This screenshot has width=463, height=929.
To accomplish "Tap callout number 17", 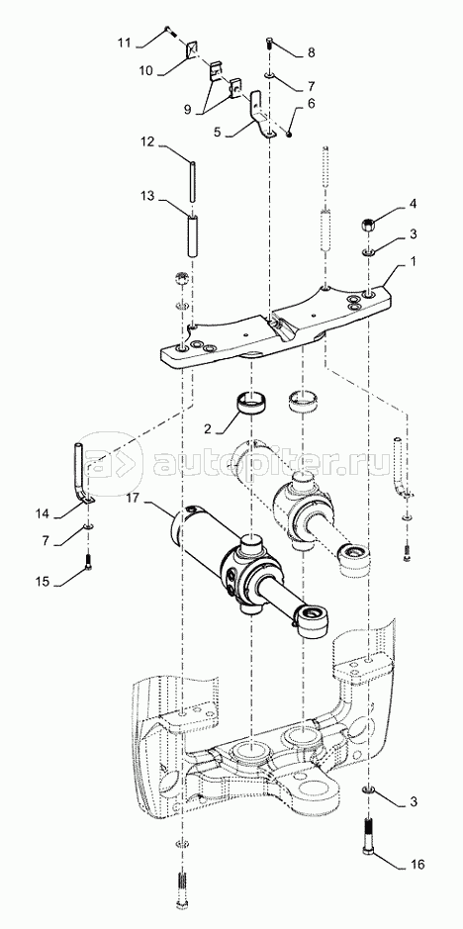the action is click(133, 499).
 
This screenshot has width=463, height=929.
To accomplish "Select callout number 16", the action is click(417, 865).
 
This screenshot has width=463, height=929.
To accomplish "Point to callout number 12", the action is click(147, 141).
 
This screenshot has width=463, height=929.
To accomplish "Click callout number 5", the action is click(217, 133).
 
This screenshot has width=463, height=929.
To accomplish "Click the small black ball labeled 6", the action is click(289, 134).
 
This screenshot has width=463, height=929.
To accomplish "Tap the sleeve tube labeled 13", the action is click(193, 236).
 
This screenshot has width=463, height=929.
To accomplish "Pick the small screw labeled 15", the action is click(88, 562).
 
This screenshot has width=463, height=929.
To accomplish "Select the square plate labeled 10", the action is click(192, 49).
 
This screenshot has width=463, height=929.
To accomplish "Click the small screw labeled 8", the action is click(270, 44).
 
